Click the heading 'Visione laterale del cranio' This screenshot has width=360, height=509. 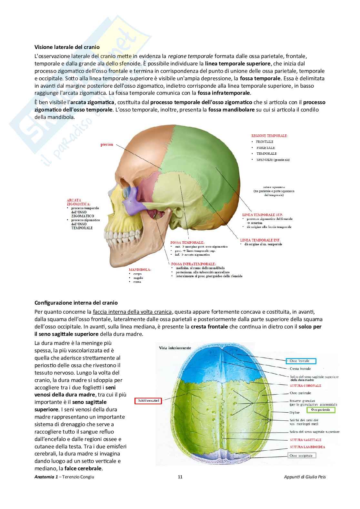coord(67,47)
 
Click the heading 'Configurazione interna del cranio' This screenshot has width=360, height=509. coord(76,303)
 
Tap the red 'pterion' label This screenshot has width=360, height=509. coord(107,144)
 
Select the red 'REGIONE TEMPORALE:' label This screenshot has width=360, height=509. coord(269,136)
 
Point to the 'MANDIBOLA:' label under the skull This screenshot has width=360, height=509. coord(140,269)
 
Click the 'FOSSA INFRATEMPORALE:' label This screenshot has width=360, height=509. coord(194,264)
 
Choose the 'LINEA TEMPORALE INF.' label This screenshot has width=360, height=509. coord(260,240)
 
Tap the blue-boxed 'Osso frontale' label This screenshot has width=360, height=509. coord(301,361)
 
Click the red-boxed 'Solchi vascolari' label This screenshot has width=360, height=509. coord(148,401)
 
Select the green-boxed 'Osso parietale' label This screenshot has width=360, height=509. coord(321,410)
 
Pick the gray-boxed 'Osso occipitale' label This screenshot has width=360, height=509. coord(302,455)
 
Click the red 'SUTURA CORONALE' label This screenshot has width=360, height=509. coord(305,386)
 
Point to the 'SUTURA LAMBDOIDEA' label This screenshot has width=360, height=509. coord(307,447)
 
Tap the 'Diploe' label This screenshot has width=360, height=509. coord(295,413)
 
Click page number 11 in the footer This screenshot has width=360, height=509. coord(180,477)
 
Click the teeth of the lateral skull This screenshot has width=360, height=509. coord(121,237)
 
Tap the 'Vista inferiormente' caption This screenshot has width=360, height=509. coord(175,348)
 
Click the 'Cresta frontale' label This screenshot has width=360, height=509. coord(300,369)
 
